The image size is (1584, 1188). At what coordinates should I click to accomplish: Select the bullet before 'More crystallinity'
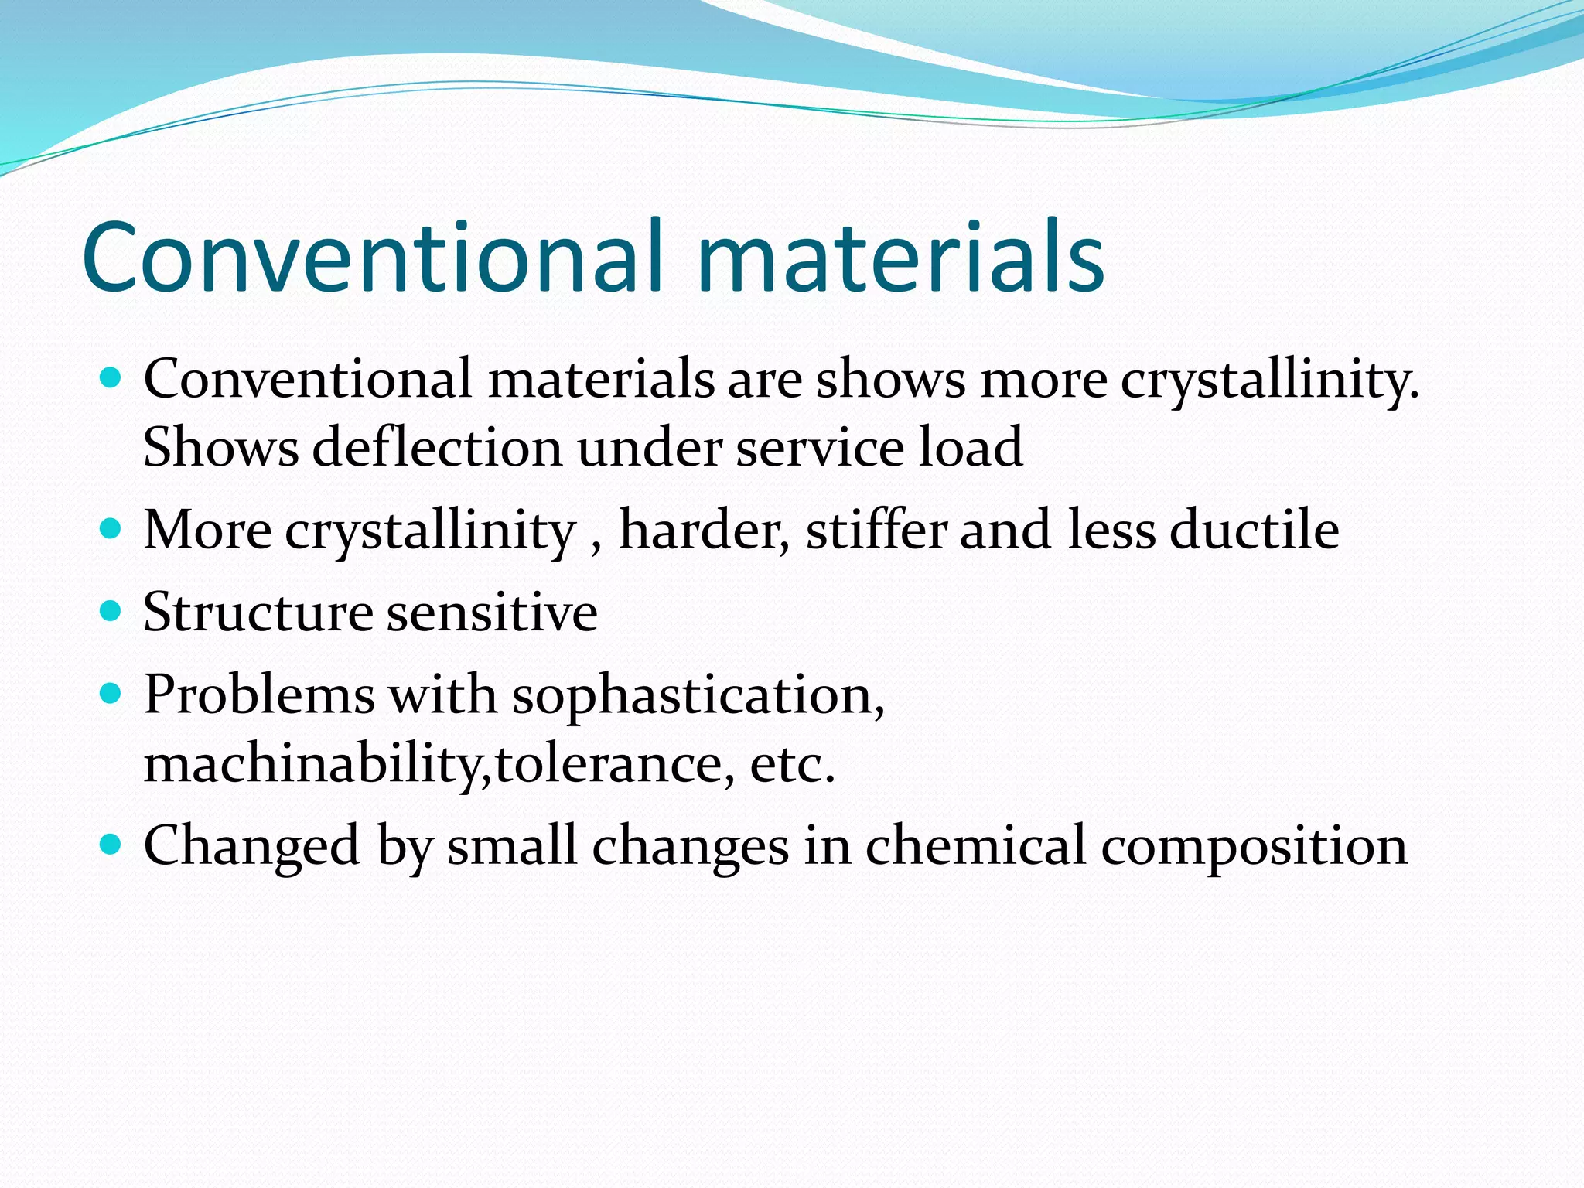[111, 530]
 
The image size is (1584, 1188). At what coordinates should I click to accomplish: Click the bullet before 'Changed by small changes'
[111, 845]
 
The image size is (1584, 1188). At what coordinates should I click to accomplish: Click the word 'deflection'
[437, 448]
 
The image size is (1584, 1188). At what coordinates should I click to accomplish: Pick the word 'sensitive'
[491, 613]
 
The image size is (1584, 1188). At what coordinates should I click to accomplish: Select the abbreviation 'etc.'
[793, 764]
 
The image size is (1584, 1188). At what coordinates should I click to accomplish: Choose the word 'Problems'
[259, 695]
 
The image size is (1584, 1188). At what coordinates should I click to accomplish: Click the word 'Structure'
[258, 613]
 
